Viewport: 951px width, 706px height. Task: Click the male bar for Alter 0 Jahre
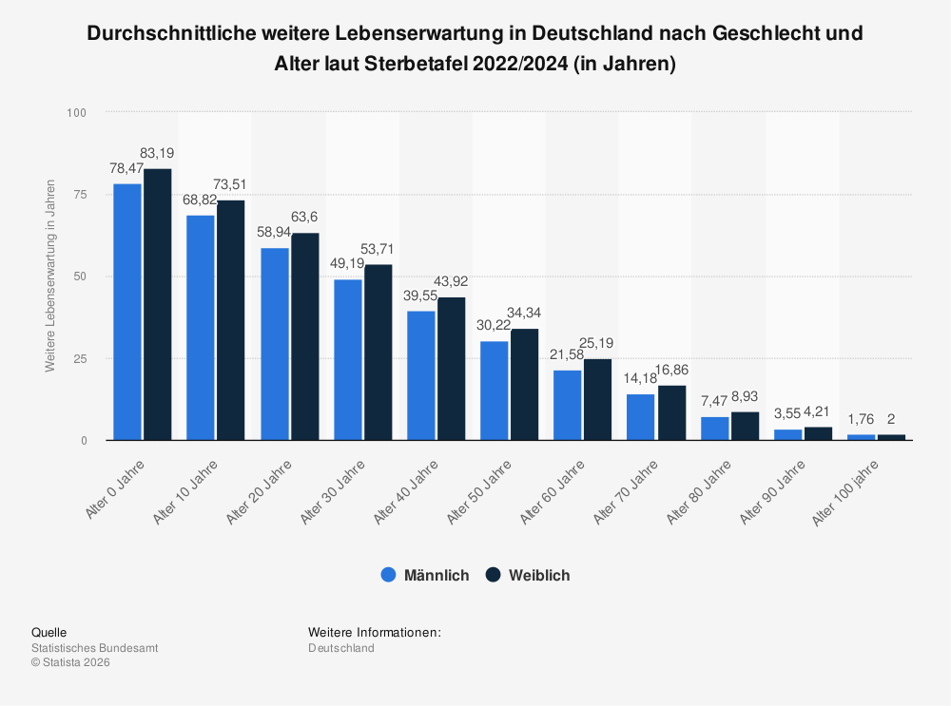tap(127, 312)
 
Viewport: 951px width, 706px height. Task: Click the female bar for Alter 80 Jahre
tap(745, 426)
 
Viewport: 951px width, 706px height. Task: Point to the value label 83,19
tap(157, 153)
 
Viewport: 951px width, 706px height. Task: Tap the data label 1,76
tap(861, 418)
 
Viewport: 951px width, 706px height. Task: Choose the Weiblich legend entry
tap(528, 575)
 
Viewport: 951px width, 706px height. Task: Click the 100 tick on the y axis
tap(76, 113)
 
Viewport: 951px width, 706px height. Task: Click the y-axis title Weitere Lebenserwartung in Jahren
tap(50, 276)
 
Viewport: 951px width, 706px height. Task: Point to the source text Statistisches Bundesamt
tap(95, 648)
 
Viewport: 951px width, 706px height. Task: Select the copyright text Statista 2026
tap(75, 662)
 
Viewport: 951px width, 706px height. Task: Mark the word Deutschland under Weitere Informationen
tap(341, 648)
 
